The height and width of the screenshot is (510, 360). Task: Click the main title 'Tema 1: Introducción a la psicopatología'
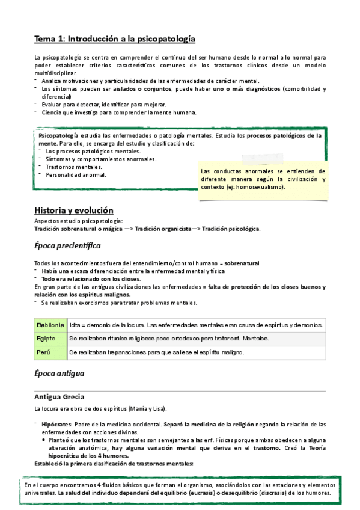coord(115,38)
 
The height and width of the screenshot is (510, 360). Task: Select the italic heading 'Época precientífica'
coord(67,246)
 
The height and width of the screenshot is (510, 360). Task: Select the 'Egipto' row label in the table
coord(46,338)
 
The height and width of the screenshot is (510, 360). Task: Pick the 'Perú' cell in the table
coord(44,352)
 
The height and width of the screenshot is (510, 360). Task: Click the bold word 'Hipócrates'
coord(58,425)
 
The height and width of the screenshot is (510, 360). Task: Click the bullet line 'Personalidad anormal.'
coord(76,174)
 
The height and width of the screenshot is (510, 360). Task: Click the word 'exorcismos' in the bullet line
coord(92,303)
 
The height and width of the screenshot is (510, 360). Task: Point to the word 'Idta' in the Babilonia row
coord(75,325)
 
